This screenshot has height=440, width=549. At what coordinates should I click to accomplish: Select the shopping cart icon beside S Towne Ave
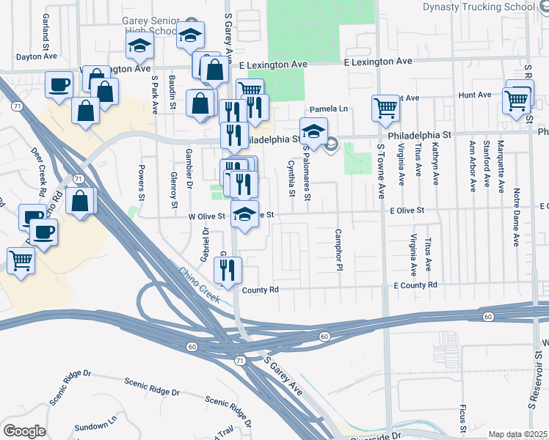click(385, 108)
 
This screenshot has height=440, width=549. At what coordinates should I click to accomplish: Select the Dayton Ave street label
click(37, 56)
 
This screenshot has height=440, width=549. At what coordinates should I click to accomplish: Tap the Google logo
click(24, 431)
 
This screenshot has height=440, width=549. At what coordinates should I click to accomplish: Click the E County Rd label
click(415, 285)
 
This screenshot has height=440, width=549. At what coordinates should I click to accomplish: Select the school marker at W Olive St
click(244, 213)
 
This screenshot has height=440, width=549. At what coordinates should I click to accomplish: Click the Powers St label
click(141, 182)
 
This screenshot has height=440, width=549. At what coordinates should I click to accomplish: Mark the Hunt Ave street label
click(474, 95)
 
